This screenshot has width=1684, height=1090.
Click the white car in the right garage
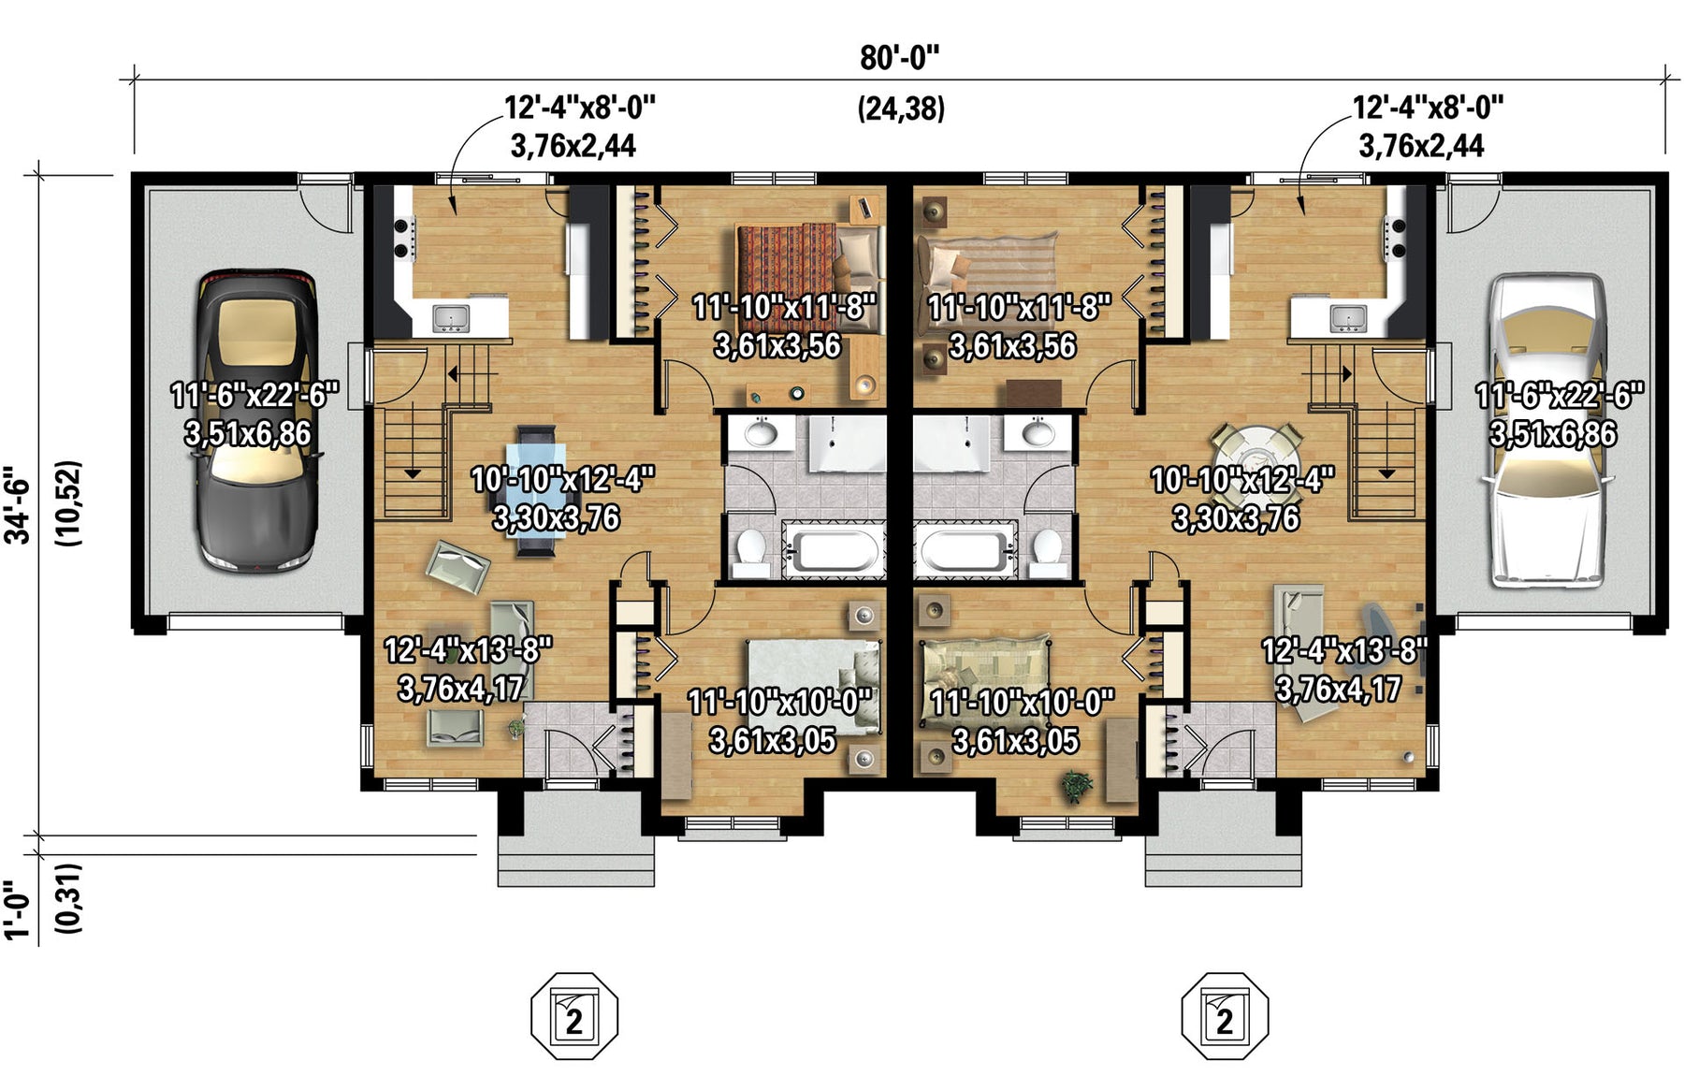(1551, 429)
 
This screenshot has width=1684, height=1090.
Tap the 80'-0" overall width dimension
(899, 58)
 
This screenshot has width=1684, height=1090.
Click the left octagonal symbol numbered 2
(574, 1016)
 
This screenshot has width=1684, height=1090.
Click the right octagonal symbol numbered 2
(1225, 1016)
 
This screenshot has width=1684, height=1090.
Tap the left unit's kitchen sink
(451, 318)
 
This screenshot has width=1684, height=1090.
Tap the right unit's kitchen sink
(1348, 318)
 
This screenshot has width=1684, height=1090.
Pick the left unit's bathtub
(833, 550)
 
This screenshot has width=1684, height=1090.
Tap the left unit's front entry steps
(574, 858)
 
